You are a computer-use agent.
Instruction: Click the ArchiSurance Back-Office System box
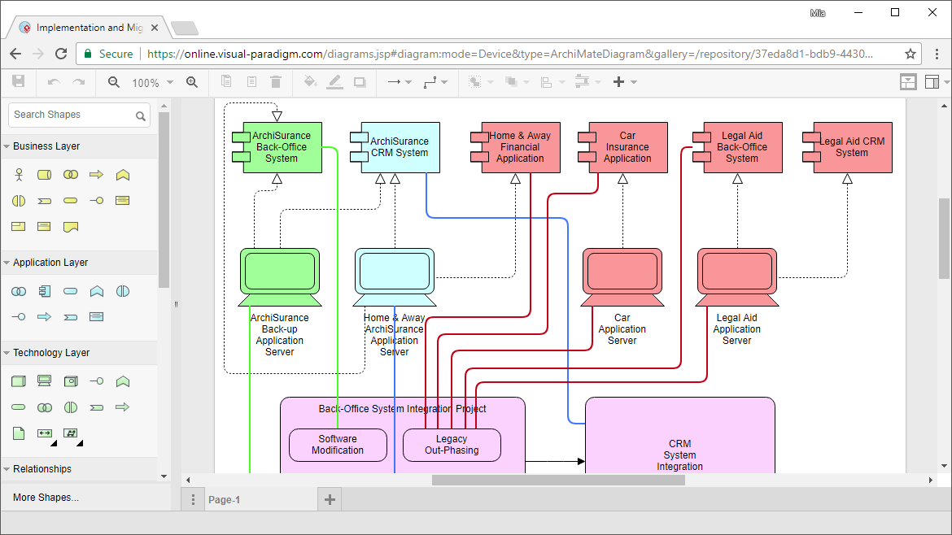(x=282, y=147)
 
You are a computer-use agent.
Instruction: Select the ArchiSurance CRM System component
(x=399, y=147)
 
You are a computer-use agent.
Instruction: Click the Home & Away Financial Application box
(x=520, y=147)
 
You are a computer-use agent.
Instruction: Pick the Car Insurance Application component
(x=627, y=147)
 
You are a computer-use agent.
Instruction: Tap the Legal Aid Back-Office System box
(x=741, y=147)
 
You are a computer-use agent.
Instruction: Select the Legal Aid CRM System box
(x=851, y=147)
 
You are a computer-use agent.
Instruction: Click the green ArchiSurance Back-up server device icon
(x=280, y=272)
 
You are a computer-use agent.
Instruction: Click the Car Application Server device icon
(x=622, y=272)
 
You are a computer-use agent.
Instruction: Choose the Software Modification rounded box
(x=338, y=445)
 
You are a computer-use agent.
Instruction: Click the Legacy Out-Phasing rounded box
(x=452, y=445)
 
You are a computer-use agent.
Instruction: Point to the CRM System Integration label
(x=679, y=455)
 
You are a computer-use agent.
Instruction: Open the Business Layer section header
(x=46, y=146)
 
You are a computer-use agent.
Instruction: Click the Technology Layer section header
(x=51, y=353)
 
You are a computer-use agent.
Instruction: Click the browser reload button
(x=61, y=54)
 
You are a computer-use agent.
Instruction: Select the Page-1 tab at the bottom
(x=224, y=500)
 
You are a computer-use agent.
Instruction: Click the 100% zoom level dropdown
(x=151, y=82)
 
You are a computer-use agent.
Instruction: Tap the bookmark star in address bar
(x=911, y=54)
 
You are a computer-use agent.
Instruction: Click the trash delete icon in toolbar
(x=276, y=82)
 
